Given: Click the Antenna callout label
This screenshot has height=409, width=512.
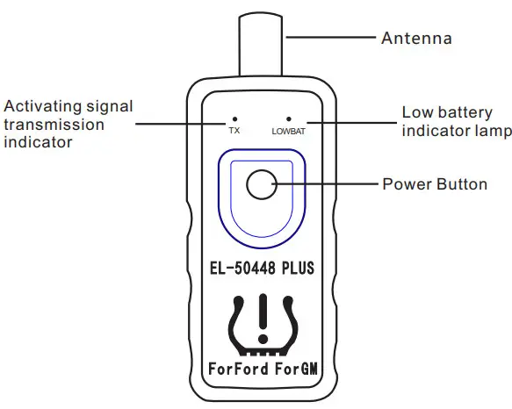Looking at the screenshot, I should point(416,39).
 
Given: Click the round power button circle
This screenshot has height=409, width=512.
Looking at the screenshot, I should point(261,184).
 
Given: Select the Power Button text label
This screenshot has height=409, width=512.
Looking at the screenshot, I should point(435,185).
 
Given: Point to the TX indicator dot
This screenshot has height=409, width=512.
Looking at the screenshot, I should point(234,118).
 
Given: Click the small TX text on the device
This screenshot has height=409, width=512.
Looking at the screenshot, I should point(234,131).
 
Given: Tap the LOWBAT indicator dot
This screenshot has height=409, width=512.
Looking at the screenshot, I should point(288,118).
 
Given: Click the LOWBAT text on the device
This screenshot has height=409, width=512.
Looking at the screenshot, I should point(288,131).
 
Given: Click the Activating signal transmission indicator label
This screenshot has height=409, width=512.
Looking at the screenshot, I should point(69,124).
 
